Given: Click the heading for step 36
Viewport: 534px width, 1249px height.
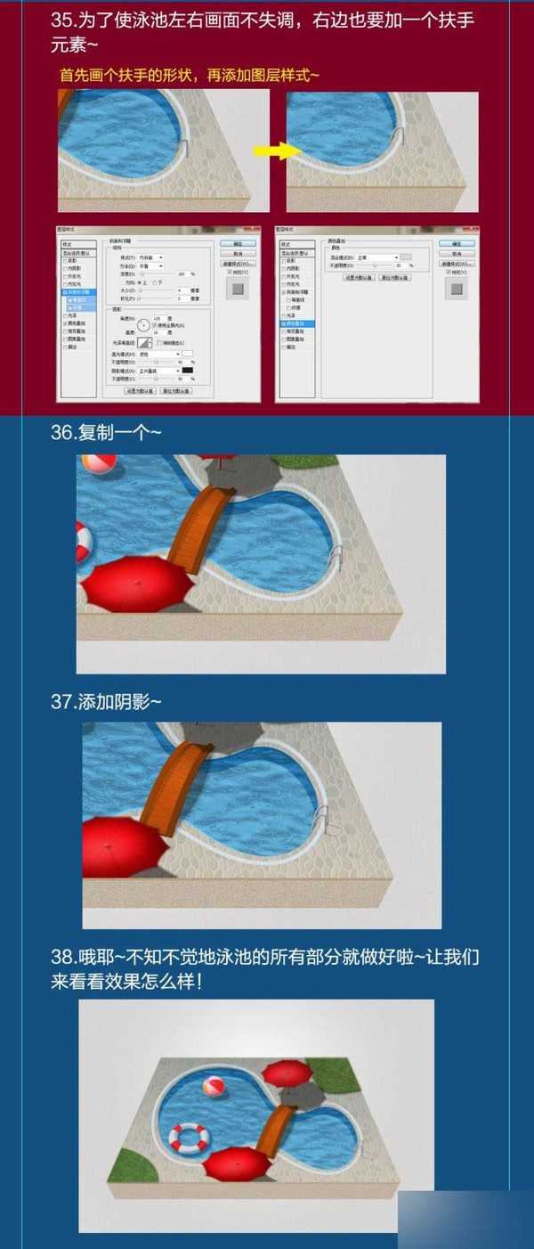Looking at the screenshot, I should [106, 432].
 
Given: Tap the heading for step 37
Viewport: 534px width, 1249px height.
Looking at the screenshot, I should [106, 701].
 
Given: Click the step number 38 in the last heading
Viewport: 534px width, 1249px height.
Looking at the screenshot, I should [63, 958].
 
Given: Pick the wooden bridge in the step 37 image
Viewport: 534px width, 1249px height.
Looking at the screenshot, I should [175, 783].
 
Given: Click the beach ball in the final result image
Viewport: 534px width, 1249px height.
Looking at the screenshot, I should [214, 1088].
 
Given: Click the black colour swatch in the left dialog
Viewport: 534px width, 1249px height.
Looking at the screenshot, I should [188, 370].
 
